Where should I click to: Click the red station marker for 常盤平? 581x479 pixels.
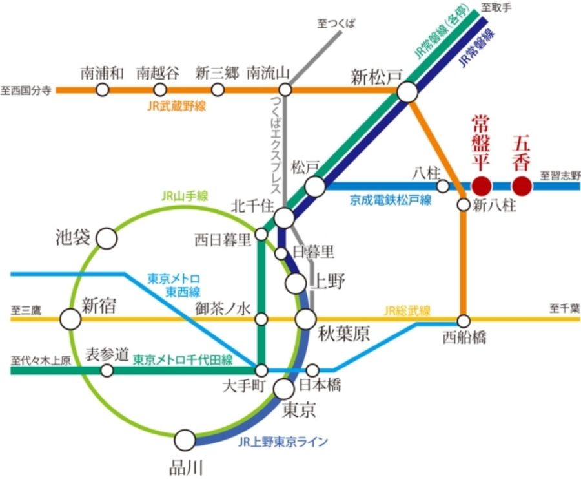pos(482,186)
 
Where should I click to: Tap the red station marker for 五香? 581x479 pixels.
pos(522,186)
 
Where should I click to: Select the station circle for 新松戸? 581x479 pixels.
pos(407,91)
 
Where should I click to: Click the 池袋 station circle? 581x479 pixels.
pos(107,239)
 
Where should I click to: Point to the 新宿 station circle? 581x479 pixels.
pos(70,319)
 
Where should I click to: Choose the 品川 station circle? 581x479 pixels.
pos(185,440)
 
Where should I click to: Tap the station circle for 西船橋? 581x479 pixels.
pos(464,321)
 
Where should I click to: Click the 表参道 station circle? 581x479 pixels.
pos(107,370)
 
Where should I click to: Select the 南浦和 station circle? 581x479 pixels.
pos(102,90)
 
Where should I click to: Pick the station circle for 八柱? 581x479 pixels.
pos(443,186)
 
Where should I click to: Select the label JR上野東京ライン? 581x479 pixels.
pos(283,442)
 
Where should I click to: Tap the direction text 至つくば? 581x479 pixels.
pos(336,24)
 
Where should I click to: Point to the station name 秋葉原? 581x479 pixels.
pos(344,334)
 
